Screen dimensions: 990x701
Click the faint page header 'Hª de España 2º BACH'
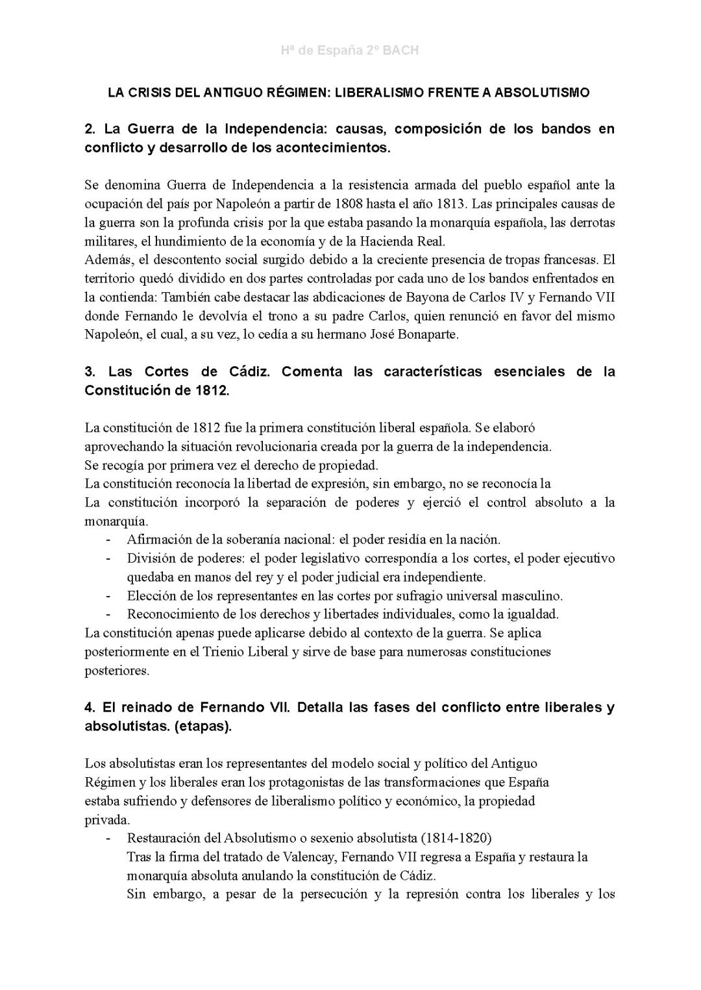350,50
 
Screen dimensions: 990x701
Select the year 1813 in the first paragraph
451,204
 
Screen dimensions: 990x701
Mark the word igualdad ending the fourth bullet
532,614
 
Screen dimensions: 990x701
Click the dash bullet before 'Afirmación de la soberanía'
109,539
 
